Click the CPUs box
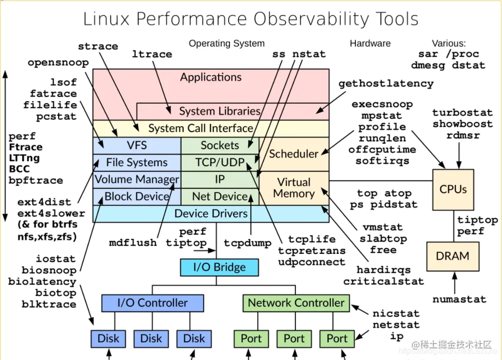[x=453, y=189]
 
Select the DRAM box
[x=452, y=256]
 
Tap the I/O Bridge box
[x=219, y=267]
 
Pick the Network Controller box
[x=296, y=303]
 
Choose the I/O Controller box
[x=152, y=303]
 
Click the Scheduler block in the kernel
[x=294, y=154]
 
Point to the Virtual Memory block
[x=294, y=188]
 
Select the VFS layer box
[x=137, y=145]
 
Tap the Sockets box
[x=220, y=145]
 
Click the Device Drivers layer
[x=211, y=214]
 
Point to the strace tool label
[x=98, y=47]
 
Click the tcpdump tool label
[x=248, y=243]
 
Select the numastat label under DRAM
[x=459, y=299]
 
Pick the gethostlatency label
[x=385, y=84]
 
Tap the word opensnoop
[x=58, y=63]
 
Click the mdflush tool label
[x=133, y=243]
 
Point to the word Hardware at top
[x=370, y=44]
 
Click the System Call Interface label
[x=200, y=128]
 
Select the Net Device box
[x=220, y=197]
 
